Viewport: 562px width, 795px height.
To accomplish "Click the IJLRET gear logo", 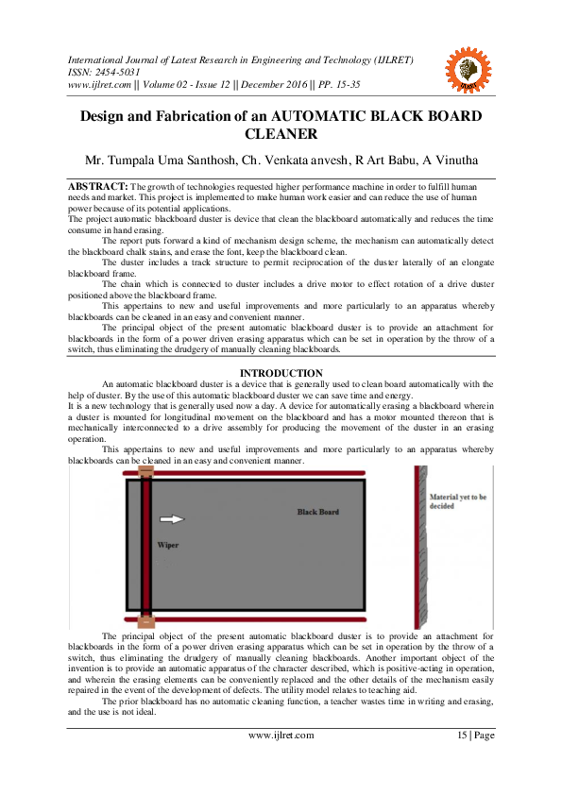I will coord(468,68).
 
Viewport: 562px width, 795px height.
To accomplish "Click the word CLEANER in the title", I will coord(281,134).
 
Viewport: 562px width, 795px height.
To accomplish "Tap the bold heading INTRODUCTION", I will coord(281,374).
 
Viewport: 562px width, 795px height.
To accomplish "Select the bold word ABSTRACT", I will coord(96,187).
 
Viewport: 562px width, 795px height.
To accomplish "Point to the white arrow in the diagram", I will coord(171,518).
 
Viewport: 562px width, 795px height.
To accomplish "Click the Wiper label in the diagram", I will coord(169,545).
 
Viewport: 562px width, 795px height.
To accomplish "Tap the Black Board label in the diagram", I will coord(318,512).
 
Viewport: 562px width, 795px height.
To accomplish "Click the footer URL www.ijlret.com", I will coord(281,735).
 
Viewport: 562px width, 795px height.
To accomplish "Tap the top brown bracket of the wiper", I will coord(146,472).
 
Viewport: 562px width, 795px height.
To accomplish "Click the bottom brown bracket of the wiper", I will coord(146,621).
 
